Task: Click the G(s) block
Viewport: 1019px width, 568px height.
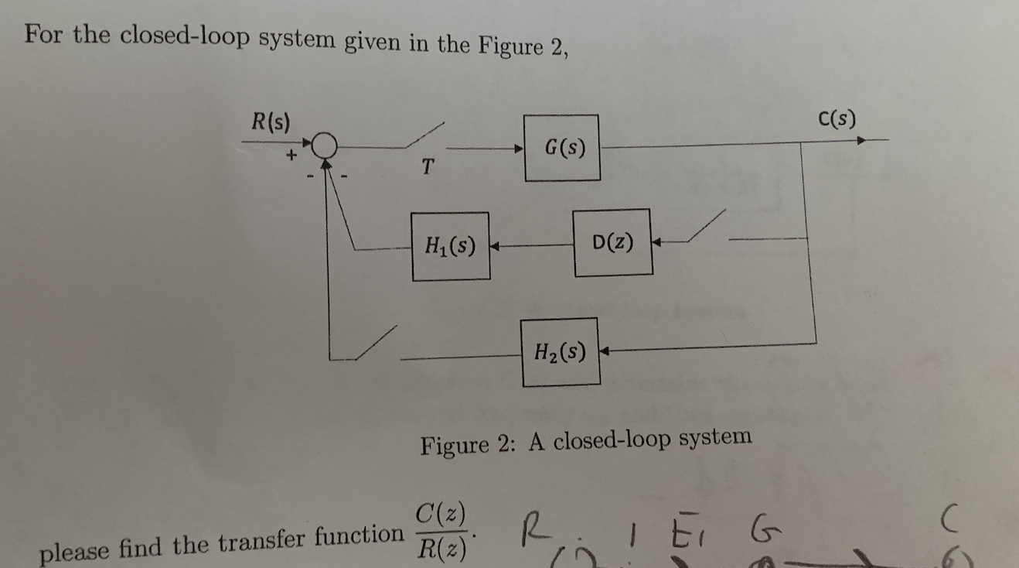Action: pyautogui.click(x=562, y=147)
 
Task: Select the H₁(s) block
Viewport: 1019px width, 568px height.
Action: pyautogui.click(x=450, y=246)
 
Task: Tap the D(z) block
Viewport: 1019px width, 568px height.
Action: pyautogui.click(x=612, y=242)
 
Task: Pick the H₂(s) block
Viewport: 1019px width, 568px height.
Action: pyautogui.click(x=561, y=352)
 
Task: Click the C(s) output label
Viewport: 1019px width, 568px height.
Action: pyautogui.click(x=836, y=119)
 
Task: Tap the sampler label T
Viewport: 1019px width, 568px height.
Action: pyautogui.click(x=429, y=166)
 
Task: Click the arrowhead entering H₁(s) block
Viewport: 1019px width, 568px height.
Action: pyautogui.click(x=496, y=247)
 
